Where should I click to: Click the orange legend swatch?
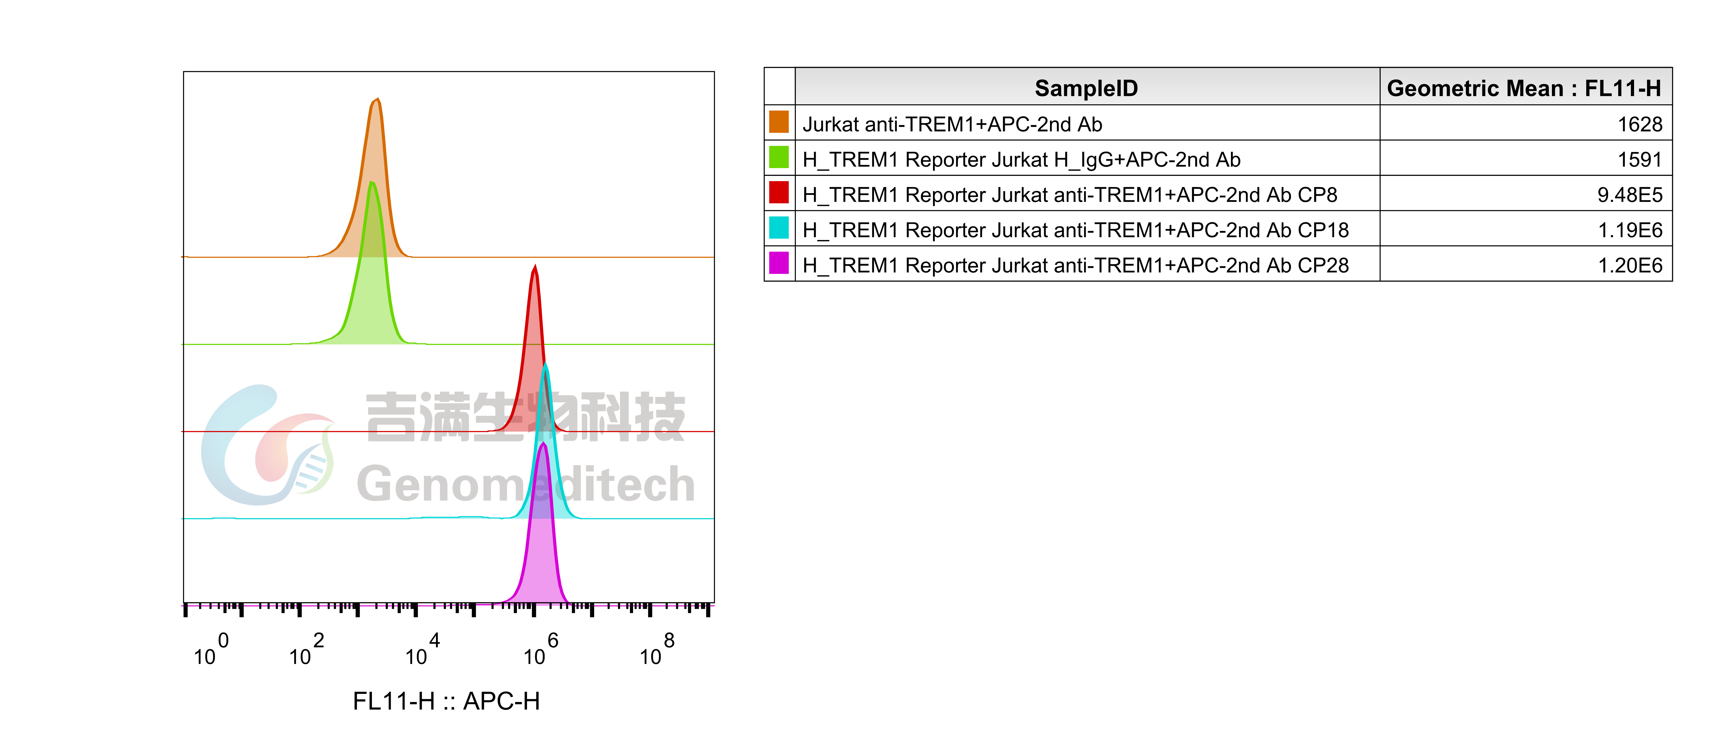[x=779, y=122]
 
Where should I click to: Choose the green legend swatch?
[x=779, y=157]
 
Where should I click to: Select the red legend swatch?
[x=779, y=192]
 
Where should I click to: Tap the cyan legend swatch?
[x=779, y=227]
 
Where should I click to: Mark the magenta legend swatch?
[x=779, y=263]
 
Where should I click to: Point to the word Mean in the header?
[x=1533, y=88]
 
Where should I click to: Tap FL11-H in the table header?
[x=1623, y=88]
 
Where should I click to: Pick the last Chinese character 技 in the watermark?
[x=658, y=417]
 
